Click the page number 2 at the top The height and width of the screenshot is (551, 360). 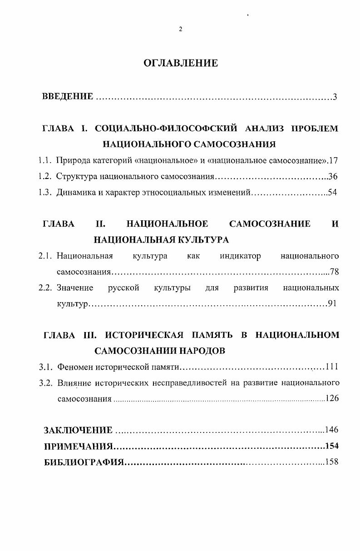pos(180,30)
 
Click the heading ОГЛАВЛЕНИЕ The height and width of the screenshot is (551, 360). pos(181,63)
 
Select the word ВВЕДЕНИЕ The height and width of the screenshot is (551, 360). pos(68,96)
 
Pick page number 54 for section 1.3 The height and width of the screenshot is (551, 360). pos(332,193)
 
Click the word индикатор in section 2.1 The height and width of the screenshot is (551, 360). pos(240,256)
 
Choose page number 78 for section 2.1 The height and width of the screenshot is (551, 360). pos(334,272)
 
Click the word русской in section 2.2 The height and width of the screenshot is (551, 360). pos(123,288)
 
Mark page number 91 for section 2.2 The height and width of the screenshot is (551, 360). pos(332,304)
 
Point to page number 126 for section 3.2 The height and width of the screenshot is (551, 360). pos(332,399)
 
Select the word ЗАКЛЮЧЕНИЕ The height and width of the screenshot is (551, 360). pos(78,430)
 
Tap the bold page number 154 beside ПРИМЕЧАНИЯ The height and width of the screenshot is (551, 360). pos(332,446)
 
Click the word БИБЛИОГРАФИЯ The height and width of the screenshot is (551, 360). pos(84,462)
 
